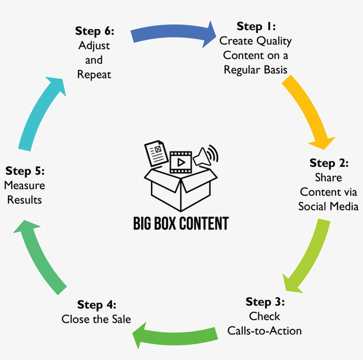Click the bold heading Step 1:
click(x=256, y=26)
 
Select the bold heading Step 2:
click(x=329, y=163)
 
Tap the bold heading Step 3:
click(x=265, y=302)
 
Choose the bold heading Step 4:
click(x=97, y=305)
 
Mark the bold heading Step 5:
click(x=25, y=171)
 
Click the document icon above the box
click(x=155, y=152)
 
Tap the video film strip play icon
click(x=181, y=162)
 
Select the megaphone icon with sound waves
click(x=205, y=155)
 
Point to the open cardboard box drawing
click(x=181, y=188)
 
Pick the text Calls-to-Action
click(x=264, y=330)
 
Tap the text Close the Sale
click(x=96, y=319)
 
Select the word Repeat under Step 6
click(x=94, y=74)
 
